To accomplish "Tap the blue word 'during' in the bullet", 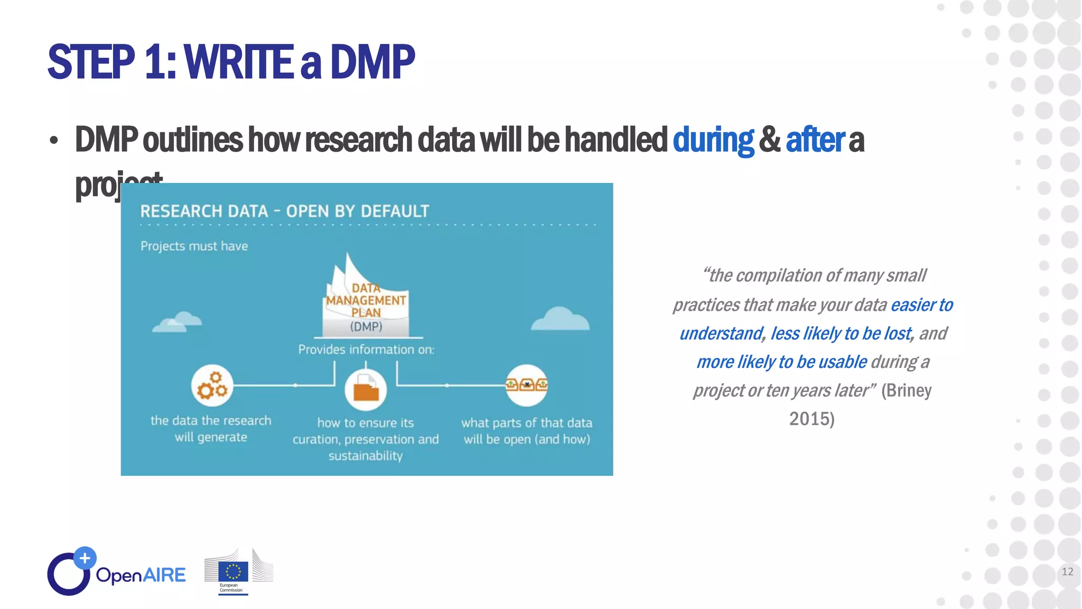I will click(713, 140).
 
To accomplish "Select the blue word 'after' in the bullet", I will click(815, 140).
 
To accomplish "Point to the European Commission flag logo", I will click(233, 572).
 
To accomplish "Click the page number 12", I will click(1067, 571).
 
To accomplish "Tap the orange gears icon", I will click(212, 385).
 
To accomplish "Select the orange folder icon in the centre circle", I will click(366, 391).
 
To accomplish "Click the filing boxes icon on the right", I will click(526, 385).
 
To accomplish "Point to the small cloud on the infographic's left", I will click(178, 322).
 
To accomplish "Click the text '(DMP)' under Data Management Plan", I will click(366, 327).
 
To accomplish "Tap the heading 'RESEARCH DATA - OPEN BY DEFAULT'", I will click(284, 211).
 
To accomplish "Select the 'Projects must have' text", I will click(194, 246).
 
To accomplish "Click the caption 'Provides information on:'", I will click(366, 349).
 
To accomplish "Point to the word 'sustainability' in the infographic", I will click(366, 456).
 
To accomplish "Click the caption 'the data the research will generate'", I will click(211, 429).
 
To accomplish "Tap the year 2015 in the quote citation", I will click(810, 419).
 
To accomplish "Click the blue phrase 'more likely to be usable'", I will click(781, 362).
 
